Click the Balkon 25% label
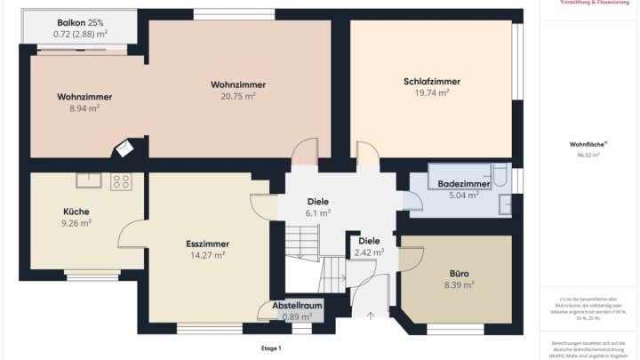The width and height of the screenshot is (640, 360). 81,21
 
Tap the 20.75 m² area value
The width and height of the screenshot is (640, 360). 238,96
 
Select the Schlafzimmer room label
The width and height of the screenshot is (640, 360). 431,82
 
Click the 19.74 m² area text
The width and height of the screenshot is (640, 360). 431,92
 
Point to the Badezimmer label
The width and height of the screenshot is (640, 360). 464,183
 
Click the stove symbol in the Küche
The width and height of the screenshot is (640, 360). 121,181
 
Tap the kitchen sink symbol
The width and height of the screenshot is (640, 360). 89,180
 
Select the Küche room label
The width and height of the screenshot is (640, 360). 76,212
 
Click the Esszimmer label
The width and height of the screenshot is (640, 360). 208,243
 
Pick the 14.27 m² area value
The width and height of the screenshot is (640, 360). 208,255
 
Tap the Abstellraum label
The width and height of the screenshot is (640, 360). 298,305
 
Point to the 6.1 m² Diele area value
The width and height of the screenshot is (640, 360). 318,213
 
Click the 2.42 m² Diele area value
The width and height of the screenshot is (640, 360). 369,252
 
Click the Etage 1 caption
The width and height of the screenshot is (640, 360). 271,348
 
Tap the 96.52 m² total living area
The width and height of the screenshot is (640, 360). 588,155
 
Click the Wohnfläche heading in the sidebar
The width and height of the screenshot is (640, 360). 588,143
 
